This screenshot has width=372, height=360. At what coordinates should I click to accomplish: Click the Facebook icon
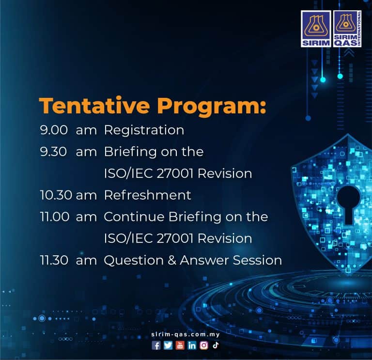pyautogui.click(x=156, y=345)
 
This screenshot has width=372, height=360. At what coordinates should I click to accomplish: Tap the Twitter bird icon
pyautogui.click(x=168, y=345)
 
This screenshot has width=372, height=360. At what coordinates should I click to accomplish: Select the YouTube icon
pyautogui.click(x=180, y=345)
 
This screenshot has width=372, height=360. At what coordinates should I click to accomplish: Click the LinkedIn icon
pyautogui.click(x=192, y=345)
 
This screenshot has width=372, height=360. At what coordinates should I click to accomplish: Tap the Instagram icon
pyautogui.click(x=204, y=345)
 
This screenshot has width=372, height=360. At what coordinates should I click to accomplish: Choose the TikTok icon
pyautogui.click(x=216, y=345)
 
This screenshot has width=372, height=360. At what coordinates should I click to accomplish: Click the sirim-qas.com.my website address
pyautogui.click(x=186, y=335)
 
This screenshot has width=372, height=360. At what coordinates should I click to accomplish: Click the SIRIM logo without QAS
pyautogui.click(x=316, y=29)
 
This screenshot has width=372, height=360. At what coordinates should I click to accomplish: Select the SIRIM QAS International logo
pyautogui.click(x=347, y=29)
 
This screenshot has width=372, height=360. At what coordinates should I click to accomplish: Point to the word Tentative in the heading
pyautogui.click(x=94, y=106)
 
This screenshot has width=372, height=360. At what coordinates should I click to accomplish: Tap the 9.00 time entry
pyautogui.click(x=54, y=130)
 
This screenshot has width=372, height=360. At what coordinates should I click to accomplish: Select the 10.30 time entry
pyautogui.click(x=56, y=195)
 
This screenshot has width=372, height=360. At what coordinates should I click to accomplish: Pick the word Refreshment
pyautogui.click(x=148, y=195)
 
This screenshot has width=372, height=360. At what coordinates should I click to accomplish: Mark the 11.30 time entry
pyautogui.click(x=54, y=260)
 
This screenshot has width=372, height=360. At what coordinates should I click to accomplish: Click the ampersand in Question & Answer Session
pyautogui.click(x=172, y=260)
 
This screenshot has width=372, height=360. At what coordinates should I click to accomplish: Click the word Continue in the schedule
pyautogui.click(x=134, y=217)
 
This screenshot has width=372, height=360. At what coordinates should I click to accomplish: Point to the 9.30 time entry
pyautogui.click(x=53, y=152)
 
